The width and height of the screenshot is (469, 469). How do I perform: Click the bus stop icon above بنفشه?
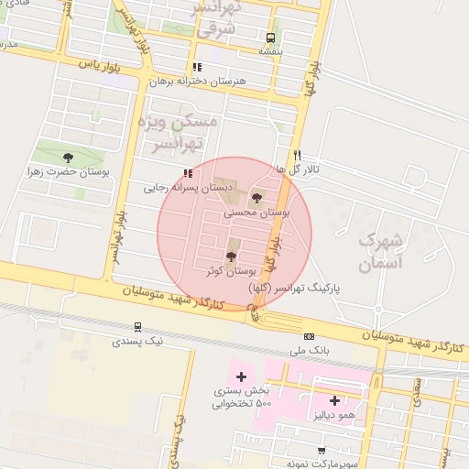click(270, 38)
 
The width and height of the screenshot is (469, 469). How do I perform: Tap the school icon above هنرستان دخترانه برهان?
click(197, 67)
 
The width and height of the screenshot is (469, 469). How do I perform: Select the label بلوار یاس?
click(101, 64)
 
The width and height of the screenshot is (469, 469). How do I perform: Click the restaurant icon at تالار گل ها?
click(297, 155)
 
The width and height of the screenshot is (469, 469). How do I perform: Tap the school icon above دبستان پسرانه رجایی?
click(188, 172)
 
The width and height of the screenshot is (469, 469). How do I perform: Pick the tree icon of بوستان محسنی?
click(256, 197)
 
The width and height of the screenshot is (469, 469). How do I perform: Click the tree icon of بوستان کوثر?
click(230, 256)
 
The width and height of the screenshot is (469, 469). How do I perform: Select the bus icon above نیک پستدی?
click(138, 326)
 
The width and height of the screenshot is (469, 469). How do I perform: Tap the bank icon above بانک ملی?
click(309, 336)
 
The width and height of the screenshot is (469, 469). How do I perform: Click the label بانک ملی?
click(308, 351)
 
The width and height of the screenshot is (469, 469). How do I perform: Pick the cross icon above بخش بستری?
click(241, 376)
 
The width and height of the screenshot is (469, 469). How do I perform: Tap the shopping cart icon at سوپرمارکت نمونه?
click(321, 450)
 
